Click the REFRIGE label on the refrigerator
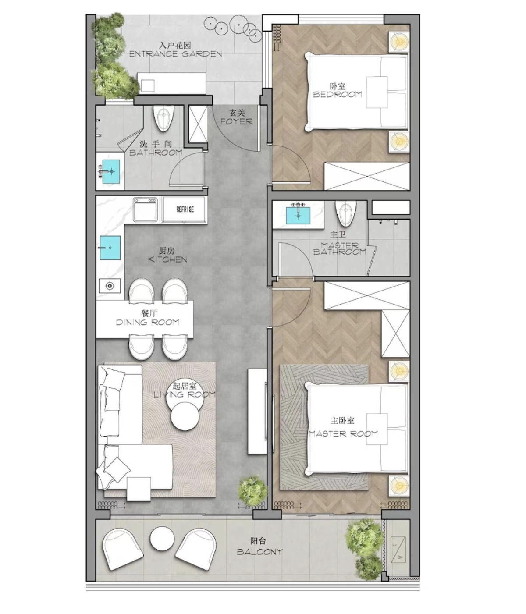185,210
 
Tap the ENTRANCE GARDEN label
176,54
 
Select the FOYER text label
237,121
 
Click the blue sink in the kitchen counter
110,248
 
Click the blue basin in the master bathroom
298,215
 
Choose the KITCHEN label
167,259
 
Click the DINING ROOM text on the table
147,322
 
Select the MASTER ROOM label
343,434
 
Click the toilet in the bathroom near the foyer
163,118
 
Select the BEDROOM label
338,95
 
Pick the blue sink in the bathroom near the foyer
111,171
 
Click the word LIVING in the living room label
168,395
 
